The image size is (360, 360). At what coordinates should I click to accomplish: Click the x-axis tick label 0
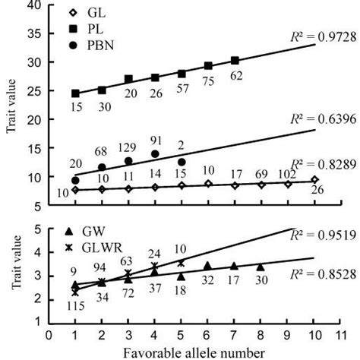pyautogui.click(x=49, y=333)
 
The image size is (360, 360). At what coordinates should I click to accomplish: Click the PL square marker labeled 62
pyautogui.click(x=235, y=60)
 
